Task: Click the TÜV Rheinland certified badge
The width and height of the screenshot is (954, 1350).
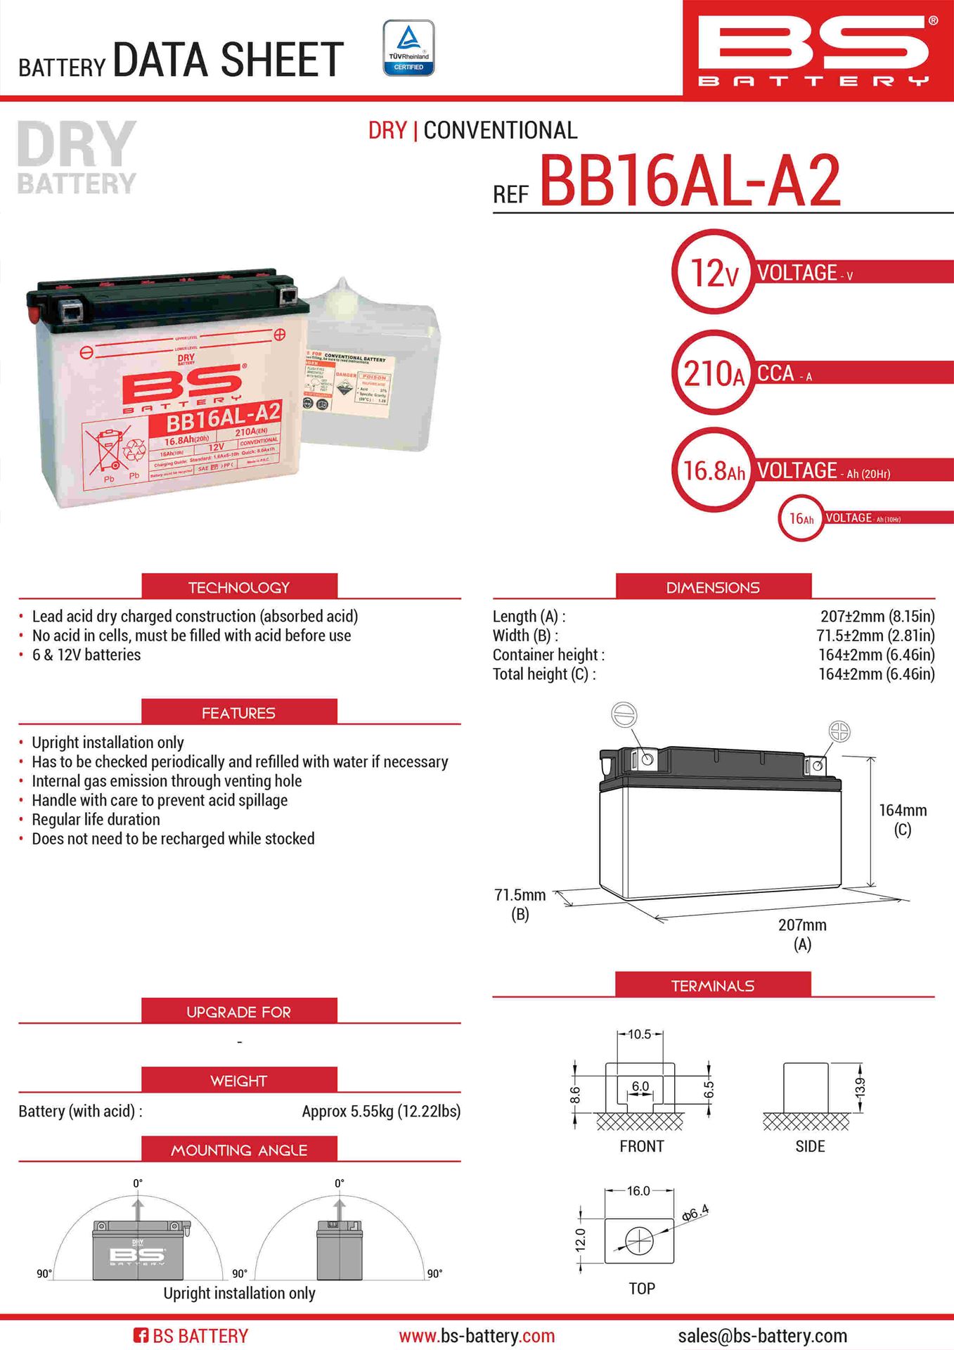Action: tap(408, 48)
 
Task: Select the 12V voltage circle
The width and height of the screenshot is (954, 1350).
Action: tap(713, 273)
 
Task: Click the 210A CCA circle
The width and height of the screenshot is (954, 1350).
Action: tap(713, 373)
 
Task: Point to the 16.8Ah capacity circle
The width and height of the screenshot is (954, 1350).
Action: tap(713, 470)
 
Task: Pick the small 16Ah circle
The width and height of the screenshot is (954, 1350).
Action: tap(801, 519)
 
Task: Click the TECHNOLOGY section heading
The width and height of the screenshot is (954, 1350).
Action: tap(239, 587)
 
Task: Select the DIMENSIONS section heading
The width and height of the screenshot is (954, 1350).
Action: tap(713, 587)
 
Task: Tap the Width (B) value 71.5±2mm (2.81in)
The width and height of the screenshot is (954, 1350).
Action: tap(875, 636)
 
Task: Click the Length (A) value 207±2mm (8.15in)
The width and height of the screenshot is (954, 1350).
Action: tap(877, 617)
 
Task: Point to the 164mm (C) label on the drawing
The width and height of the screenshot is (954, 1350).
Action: tap(903, 819)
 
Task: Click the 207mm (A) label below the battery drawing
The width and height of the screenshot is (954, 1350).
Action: tap(802, 934)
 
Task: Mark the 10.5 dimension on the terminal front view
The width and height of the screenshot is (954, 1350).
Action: tap(639, 1034)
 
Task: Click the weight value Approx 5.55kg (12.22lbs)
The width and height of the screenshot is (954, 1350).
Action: tap(381, 1111)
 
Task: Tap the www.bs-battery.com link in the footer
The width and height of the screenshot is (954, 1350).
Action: tap(477, 1335)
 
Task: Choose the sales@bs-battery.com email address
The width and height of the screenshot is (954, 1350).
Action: tap(762, 1335)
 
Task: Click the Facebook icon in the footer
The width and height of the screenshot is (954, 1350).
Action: tap(141, 1335)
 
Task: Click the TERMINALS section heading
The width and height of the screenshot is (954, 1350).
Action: tap(713, 985)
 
